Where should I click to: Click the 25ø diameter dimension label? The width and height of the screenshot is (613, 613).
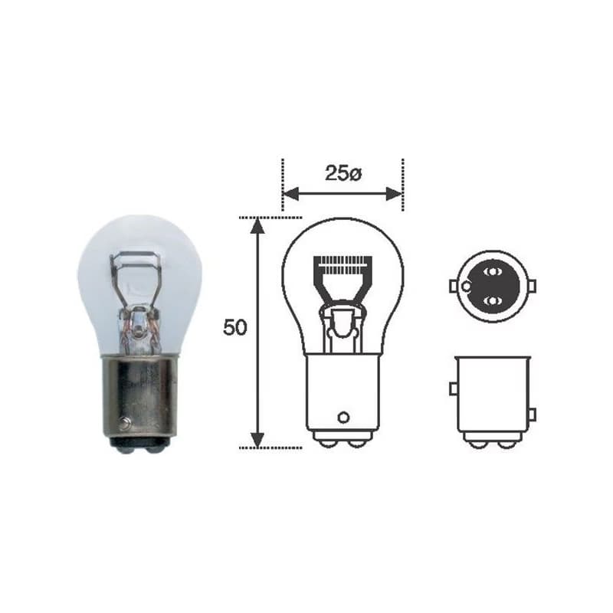pyautogui.click(x=343, y=174)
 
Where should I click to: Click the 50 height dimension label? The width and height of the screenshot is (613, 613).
pyautogui.click(x=235, y=328)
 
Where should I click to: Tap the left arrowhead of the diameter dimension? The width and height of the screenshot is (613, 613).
pyautogui.click(x=290, y=194)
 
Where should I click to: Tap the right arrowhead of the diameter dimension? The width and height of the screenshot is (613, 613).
pyautogui.click(x=394, y=194)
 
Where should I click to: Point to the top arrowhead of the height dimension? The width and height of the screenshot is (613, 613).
pyautogui.click(x=257, y=225)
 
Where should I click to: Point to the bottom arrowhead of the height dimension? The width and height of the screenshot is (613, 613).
pyautogui.click(x=257, y=439)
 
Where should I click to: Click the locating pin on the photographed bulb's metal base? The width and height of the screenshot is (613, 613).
pyautogui.click(x=126, y=422)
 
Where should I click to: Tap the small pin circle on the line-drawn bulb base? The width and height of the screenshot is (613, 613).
pyautogui.click(x=343, y=418)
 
